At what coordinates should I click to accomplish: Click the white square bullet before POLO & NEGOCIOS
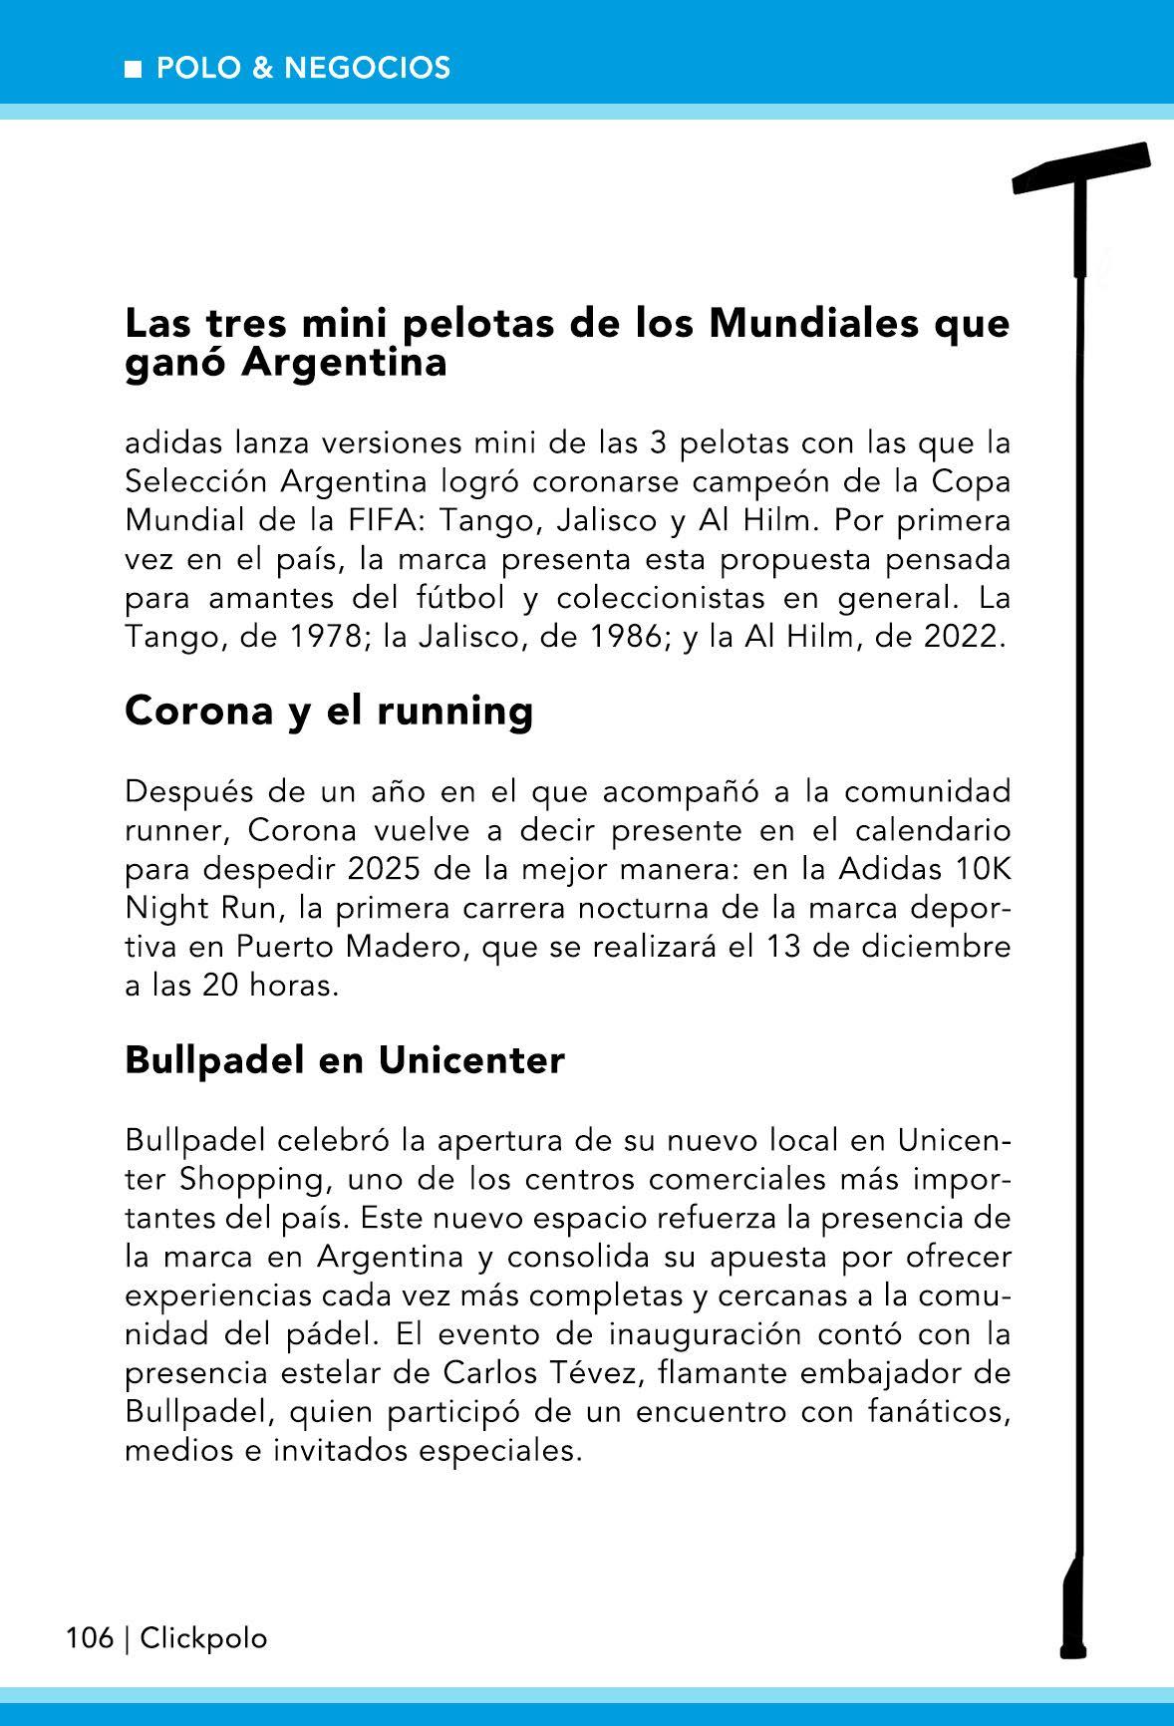(x=132, y=69)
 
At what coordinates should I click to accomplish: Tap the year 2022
(x=961, y=637)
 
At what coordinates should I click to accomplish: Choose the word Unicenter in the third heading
(x=471, y=1061)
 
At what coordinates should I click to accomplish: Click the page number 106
(x=90, y=1638)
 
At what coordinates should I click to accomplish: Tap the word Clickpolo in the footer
(x=204, y=1638)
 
